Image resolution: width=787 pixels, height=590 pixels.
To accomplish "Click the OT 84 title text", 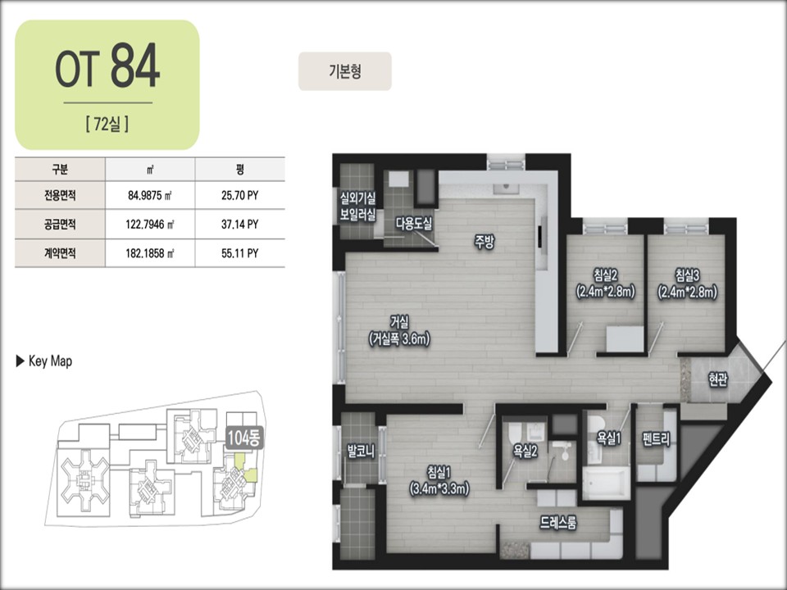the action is click(x=107, y=66).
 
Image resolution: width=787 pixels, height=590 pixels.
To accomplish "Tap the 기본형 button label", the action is click(x=345, y=71).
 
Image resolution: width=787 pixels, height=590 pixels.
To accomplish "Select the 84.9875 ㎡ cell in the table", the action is click(x=149, y=195).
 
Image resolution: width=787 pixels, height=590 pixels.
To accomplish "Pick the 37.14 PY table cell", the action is click(x=240, y=225).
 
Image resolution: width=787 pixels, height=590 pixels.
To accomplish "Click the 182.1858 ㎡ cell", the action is click(x=149, y=253).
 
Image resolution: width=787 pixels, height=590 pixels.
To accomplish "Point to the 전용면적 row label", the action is click(x=60, y=195).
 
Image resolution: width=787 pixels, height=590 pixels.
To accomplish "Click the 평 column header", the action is click(x=240, y=169).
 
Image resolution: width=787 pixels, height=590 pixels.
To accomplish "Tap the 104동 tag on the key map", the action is click(x=243, y=438).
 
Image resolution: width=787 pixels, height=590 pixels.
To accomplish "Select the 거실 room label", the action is click(x=399, y=321).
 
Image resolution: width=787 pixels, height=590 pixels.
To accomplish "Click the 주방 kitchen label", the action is click(x=484, y=242).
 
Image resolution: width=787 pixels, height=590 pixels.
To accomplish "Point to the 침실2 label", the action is click(x=605, y=275).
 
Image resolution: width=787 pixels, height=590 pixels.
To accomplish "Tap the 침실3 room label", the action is click(x=687, y=275).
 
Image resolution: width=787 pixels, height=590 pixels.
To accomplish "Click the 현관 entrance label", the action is click(x=718, y=379).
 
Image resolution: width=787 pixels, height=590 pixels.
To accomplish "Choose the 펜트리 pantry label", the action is click(x=656, y=440).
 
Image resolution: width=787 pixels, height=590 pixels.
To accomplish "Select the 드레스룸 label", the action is click(x=558, y=523).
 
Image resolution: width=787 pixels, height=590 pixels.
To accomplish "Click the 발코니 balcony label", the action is click(x=361, y=451).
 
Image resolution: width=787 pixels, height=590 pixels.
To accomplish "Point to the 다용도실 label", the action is click(x=413, y=223).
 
